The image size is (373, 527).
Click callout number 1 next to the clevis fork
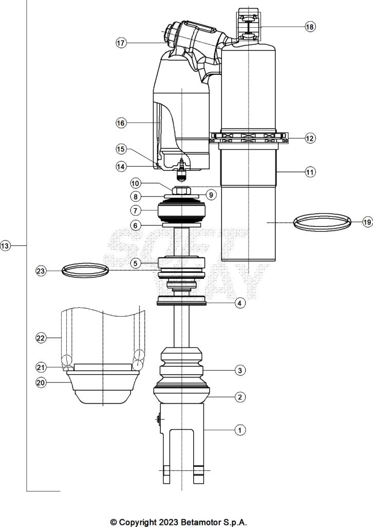pos(239,430)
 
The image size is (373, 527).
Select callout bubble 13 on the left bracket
pos(6,247)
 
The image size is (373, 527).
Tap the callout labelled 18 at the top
pos(310,27)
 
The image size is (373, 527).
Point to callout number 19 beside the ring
pos(366,222)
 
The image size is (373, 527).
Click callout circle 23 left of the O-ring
pos(42,271)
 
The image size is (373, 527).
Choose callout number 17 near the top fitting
pos(121,43)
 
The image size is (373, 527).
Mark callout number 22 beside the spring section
pos(42,338)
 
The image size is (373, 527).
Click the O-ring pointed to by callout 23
pos(85,269)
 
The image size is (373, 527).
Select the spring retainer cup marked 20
pos(103,387)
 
